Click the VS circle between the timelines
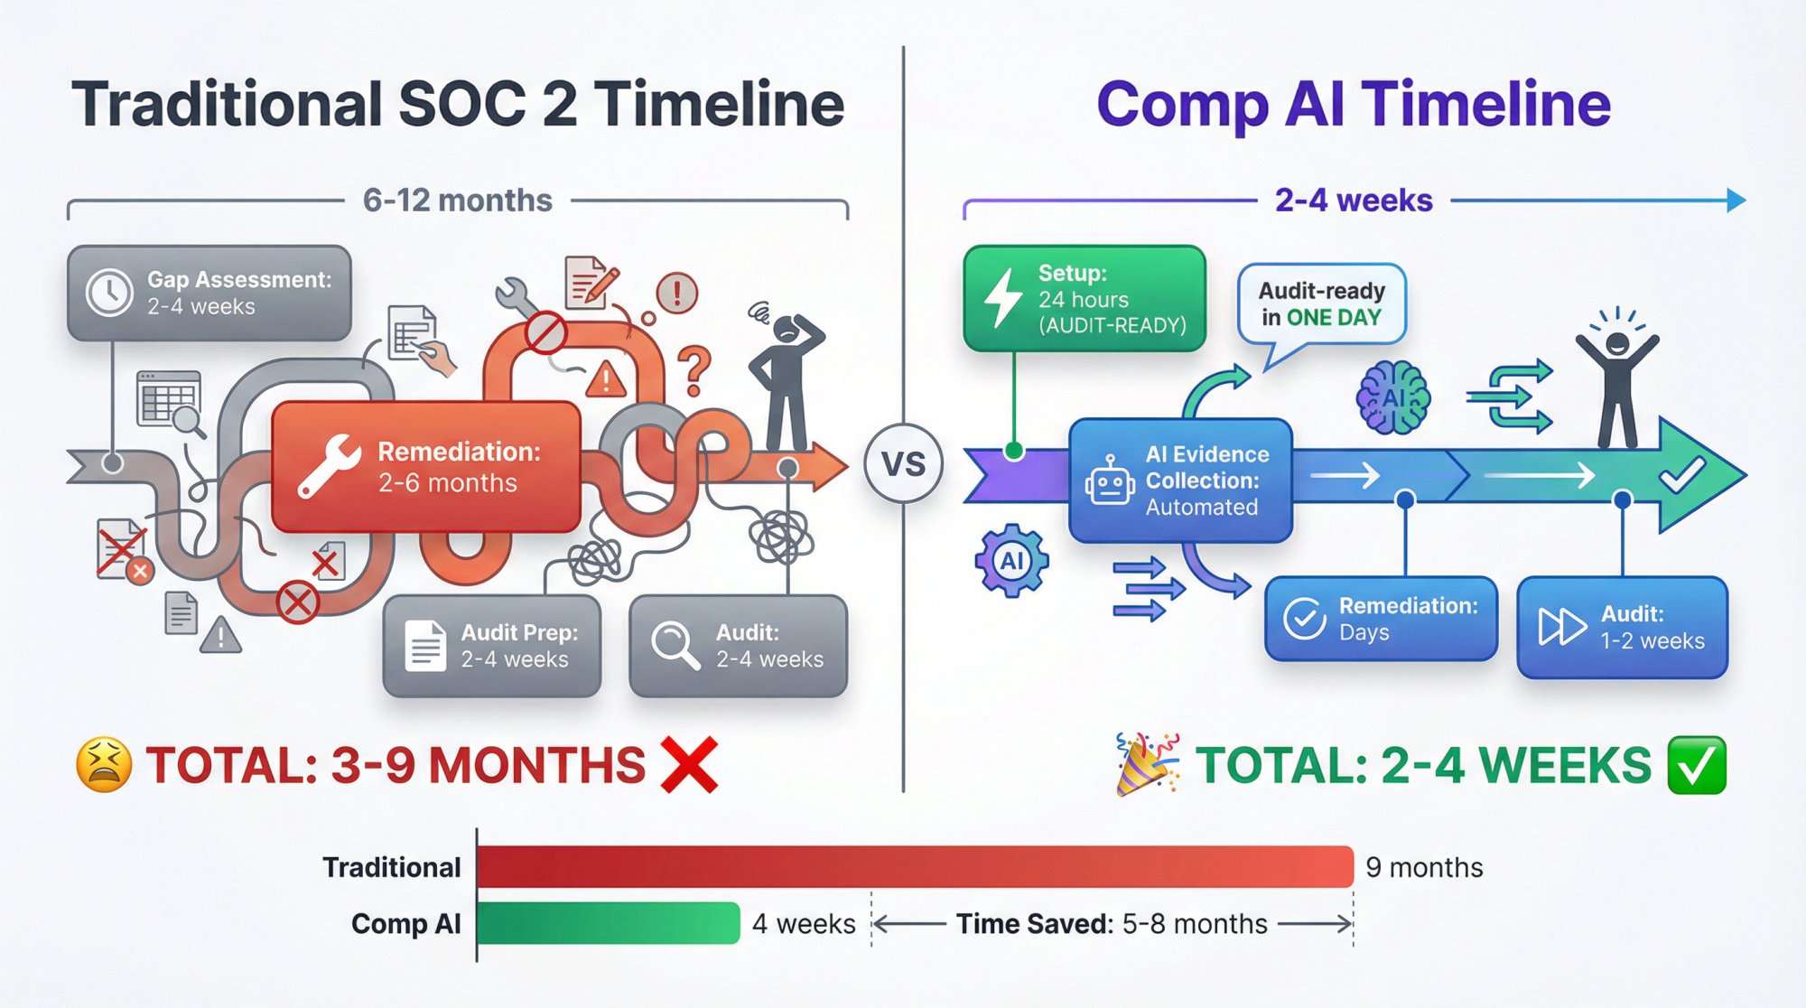tap(903, 464)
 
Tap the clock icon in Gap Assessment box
tap(109, 293)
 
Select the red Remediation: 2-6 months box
tap(426, 466)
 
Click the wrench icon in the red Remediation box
tap(329, 466)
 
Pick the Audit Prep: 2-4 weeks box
tap(492, 646)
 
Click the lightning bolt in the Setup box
tap(1002, 298)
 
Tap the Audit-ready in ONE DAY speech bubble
tap(1321, 304)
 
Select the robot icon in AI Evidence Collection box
tap(1109, 482)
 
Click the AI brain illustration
tap(1393, 397)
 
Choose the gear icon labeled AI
tap(1011, 561)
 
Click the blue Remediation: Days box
tap(1381, 619)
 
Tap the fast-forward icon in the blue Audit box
tap(1561, 627)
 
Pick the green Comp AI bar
tap(608, 923)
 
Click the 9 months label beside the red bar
tap(1424, 868)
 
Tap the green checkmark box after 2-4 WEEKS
tap(1697, 765)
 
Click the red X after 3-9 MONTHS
tap(689, 765)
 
